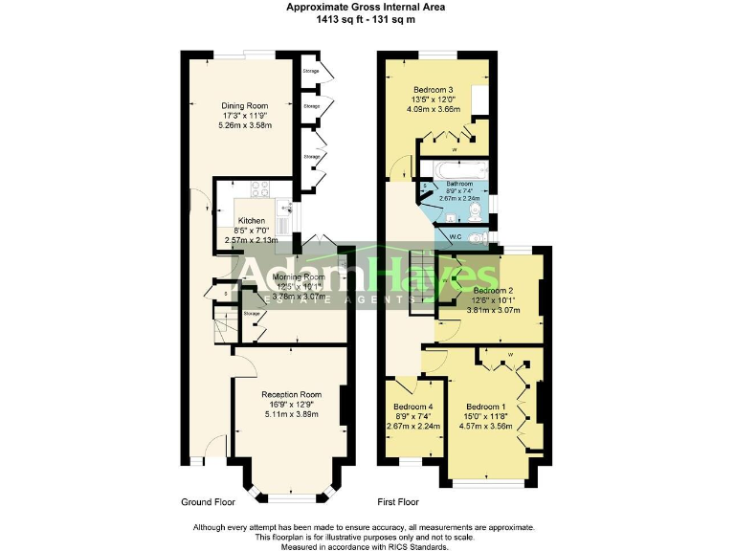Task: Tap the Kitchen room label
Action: (225, 221)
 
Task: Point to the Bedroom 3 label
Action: (433, 90)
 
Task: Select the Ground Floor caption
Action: (208, 502)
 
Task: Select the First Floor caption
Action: (398, 502)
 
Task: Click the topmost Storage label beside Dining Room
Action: (311, 72)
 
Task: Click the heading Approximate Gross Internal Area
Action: (367, 7)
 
